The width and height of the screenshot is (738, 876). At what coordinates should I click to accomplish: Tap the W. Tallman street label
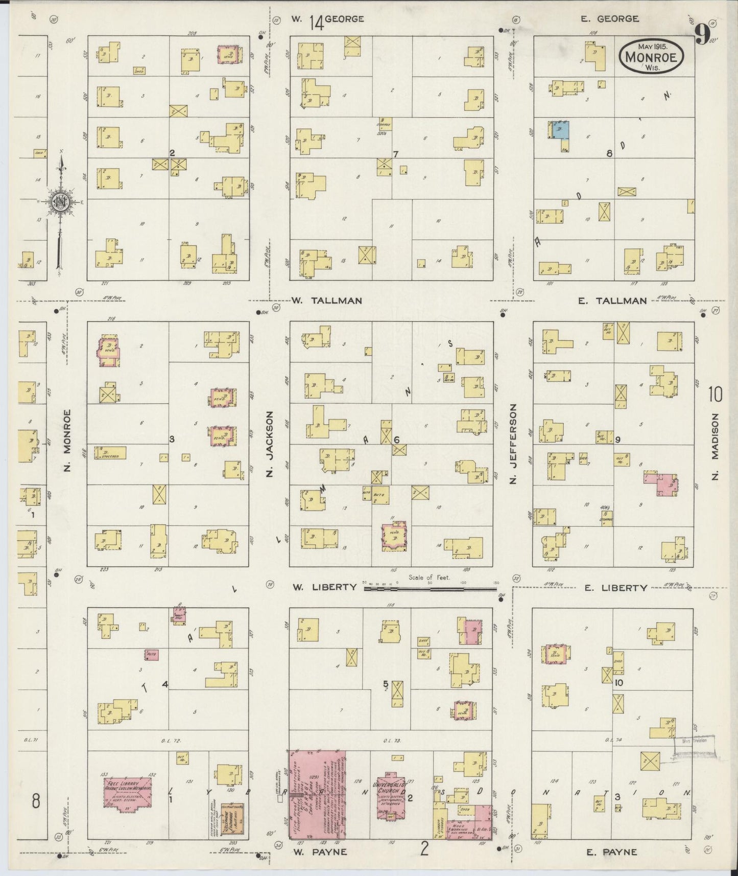(327, 301)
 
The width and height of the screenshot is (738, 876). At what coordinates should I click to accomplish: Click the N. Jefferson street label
(513, 444)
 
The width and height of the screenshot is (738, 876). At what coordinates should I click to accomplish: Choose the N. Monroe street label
(67, 441)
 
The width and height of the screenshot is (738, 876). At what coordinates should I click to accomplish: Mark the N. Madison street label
(715, 447)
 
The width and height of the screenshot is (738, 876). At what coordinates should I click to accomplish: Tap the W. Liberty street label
(324, 587)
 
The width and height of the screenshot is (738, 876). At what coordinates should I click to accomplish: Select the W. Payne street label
(320, 851)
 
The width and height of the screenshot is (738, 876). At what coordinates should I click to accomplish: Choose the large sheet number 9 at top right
(703, 35)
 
